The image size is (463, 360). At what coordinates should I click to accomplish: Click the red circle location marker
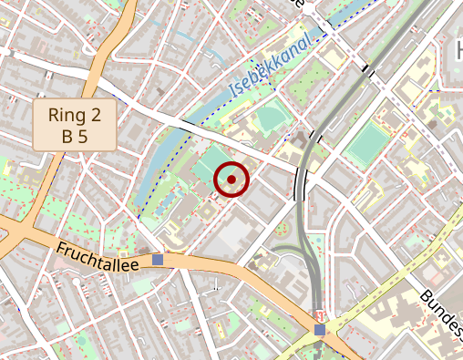231,180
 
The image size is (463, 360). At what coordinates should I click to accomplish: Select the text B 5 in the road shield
76,137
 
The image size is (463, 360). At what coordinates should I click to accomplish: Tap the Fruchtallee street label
97,257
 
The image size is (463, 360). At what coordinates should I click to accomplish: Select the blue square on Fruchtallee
158,260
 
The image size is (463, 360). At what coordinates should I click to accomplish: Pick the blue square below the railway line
319,330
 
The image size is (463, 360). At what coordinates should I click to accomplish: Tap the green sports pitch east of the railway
367,144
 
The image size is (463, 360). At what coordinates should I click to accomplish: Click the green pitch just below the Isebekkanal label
271,119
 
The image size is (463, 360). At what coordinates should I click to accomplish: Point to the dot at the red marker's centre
231,180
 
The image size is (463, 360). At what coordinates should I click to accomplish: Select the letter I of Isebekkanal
232,90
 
